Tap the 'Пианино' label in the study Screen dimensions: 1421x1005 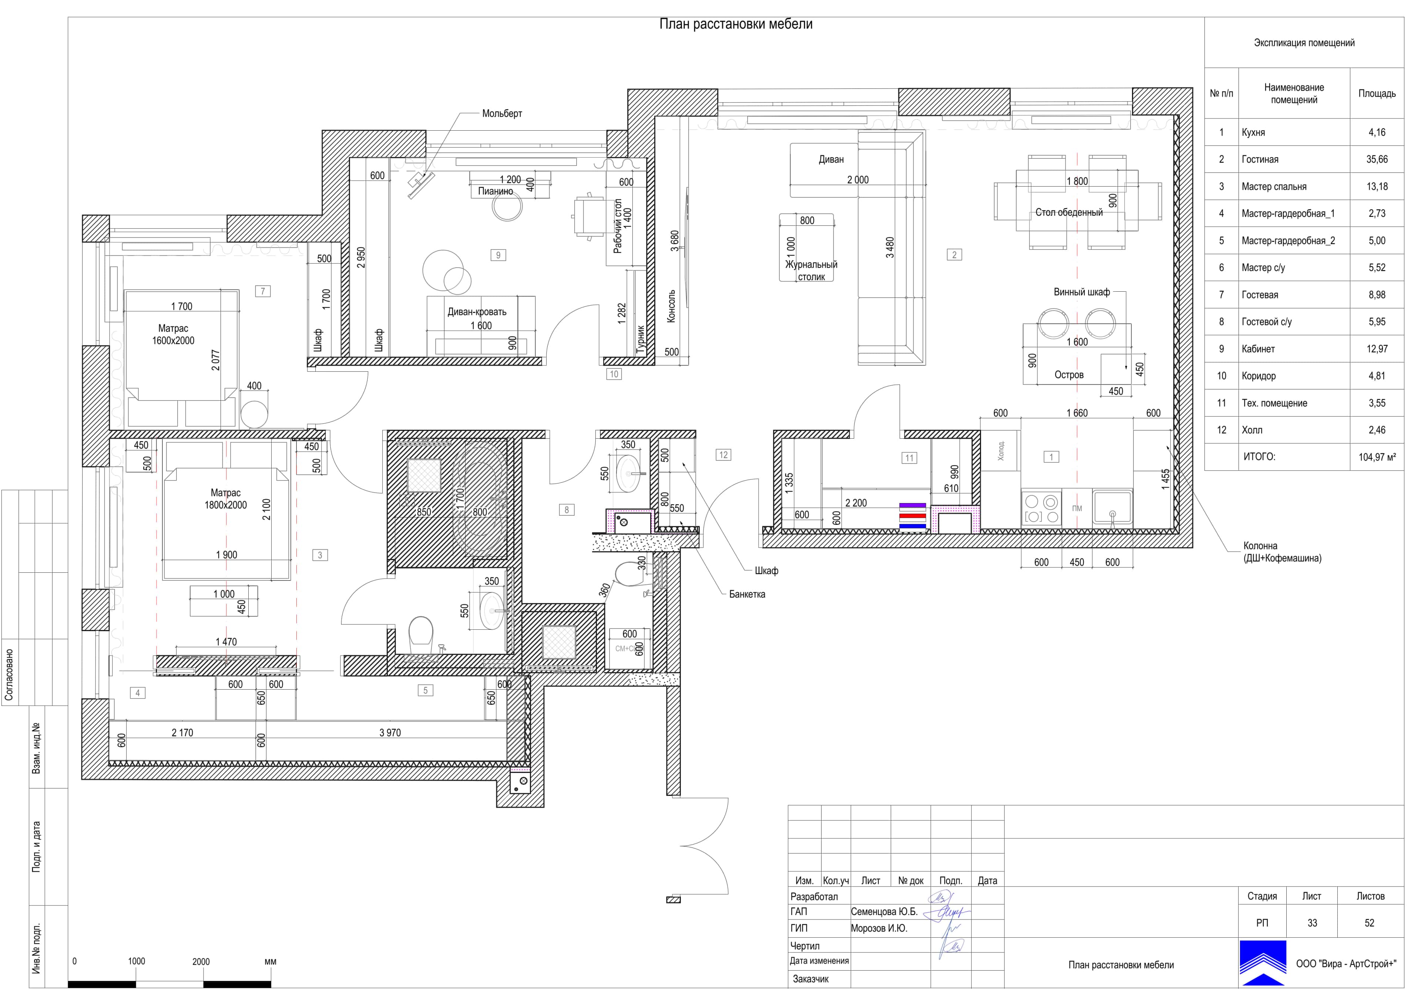tap(495, 191)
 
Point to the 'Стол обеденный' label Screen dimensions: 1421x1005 tap(1069, 212)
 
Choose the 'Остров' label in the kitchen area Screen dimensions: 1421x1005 tap(1069, 375)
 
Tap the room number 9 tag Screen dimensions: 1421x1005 tap(498, 255)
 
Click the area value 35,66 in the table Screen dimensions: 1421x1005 tap(1377, 159)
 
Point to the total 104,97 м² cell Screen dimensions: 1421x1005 tap(1377, 457)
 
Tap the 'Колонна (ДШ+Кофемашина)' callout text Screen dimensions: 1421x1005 tap(1282, 552)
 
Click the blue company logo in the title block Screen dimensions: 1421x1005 tap(1263, 962)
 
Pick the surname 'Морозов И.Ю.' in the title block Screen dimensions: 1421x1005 tap(879, 928)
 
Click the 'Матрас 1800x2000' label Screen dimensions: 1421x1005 tap(225, 499)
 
